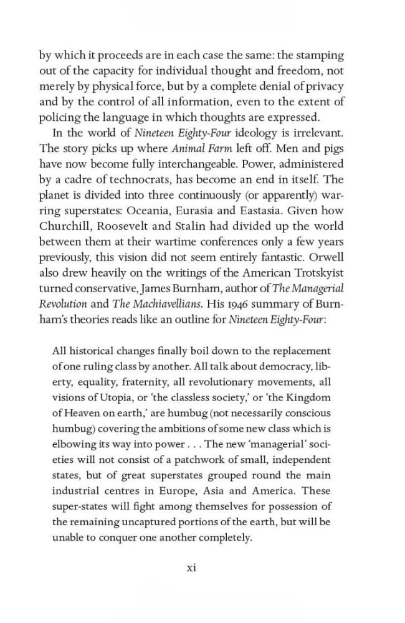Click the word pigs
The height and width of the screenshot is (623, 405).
pyautogui.click(x=331, y=149)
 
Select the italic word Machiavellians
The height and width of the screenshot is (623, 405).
pyautogui.click(x=159, y=305)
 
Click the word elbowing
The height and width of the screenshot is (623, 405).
pyautogui.click(x=73, y=444)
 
